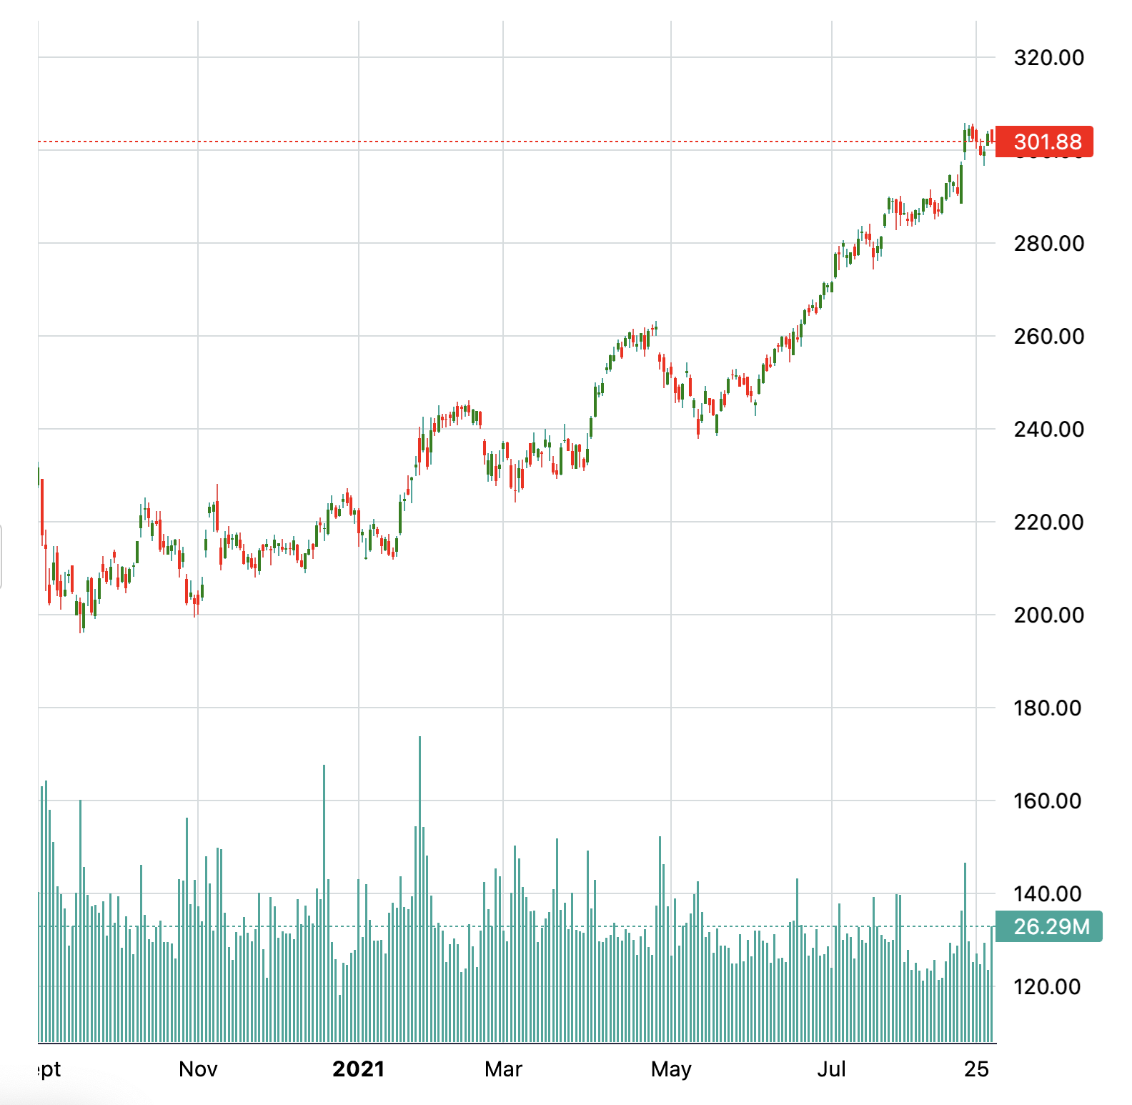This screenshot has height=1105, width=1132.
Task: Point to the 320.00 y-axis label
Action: [1048, 57]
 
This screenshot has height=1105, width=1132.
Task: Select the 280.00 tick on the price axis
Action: [1048, 243]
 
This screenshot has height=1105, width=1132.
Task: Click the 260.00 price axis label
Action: [1048, 336]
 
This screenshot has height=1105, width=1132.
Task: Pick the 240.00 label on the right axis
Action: [1048, 429]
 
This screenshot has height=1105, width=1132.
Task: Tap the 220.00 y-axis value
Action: [1048, 522]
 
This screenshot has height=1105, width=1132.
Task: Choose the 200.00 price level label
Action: [1048, 615]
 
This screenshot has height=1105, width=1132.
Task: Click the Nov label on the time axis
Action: [198, 1069]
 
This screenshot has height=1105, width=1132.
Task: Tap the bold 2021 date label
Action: [358, 1069]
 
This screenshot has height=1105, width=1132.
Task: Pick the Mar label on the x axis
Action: [503, 1069]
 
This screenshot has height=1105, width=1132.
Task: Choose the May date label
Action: [671, 1069]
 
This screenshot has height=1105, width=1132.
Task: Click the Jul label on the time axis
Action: [831, 1069]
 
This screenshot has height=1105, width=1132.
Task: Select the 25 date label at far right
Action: [976, 1069]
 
